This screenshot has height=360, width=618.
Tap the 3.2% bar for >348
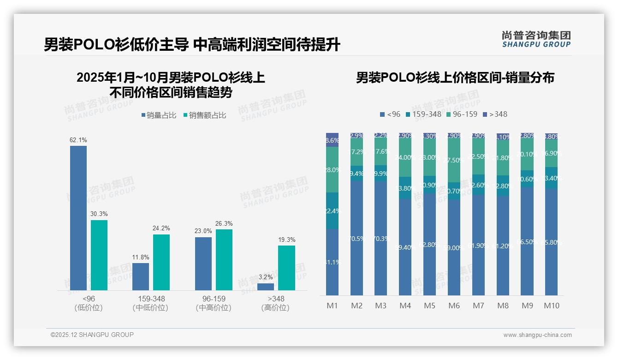point(266,287)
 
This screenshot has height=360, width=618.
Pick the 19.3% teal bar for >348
point(286,268)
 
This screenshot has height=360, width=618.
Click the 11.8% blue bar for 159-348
point(141,276)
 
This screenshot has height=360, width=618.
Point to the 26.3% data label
point(224,224)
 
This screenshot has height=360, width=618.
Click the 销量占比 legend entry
point(159,115)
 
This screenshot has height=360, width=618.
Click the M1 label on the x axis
point(333,306)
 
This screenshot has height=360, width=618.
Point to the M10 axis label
point(552,306)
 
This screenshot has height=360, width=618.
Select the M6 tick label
point(454,306)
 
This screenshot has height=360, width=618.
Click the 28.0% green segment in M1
point(333,169)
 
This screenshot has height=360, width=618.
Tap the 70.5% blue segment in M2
point(357,238)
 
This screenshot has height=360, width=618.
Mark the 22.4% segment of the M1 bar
point(333,210)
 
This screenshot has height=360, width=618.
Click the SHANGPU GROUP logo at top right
point(536,39)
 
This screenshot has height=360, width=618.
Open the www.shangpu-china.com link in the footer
point(537,335)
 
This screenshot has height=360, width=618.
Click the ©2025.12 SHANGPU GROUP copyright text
point(92,335)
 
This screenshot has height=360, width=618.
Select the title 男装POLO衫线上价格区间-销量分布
point(455,78)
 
